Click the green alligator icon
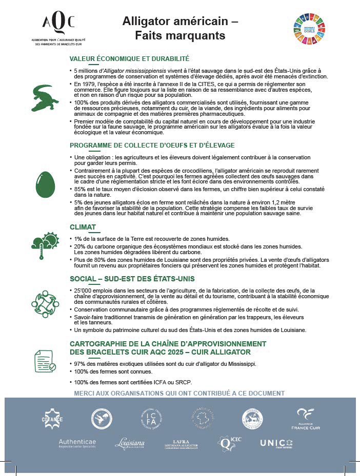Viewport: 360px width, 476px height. click(x=45, y=97)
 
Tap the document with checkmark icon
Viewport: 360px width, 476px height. click(x=45, y=361)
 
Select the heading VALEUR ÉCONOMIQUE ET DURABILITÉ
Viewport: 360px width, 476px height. click(x=130, y=58)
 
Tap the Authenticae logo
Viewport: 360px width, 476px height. click(x=77, y=442)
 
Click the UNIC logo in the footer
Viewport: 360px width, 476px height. click(x=276, y=443)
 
